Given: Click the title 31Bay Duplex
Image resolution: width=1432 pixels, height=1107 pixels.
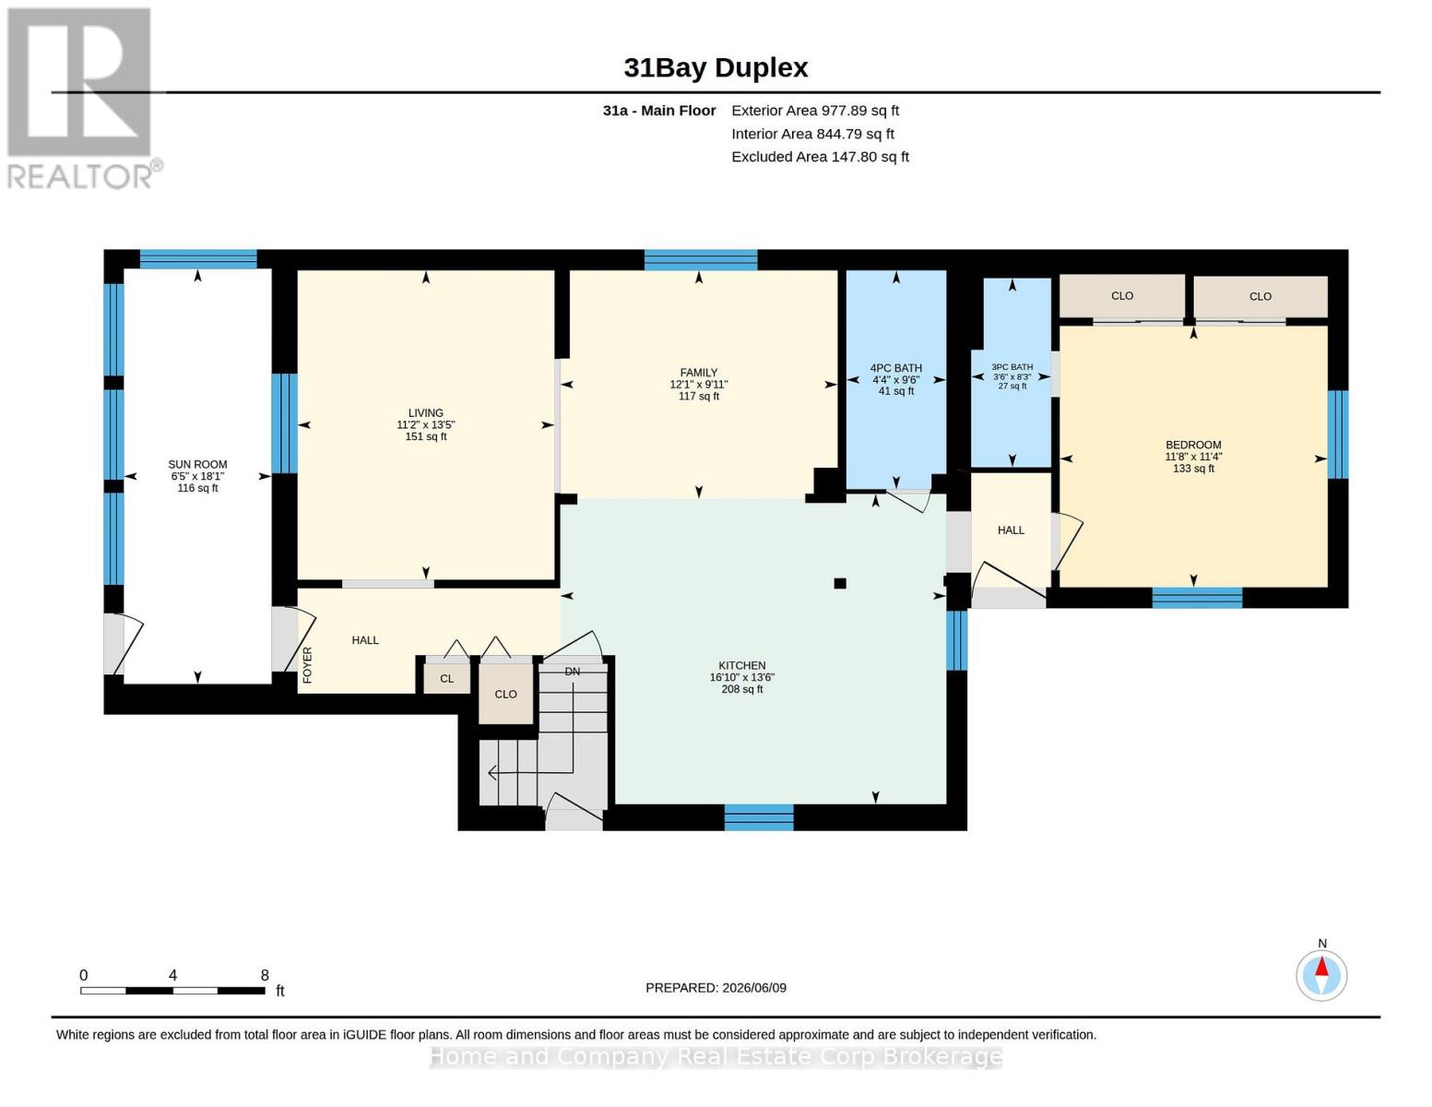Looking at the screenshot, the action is point(716,68).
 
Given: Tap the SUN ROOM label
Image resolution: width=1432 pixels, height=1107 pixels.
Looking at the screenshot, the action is point(197,464).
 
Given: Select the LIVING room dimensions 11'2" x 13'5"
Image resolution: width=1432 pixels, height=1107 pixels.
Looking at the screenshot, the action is point(426,425).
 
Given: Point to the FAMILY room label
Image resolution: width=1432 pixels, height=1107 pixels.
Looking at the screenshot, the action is point(699,373).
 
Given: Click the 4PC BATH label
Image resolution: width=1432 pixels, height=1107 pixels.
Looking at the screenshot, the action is point(895,368).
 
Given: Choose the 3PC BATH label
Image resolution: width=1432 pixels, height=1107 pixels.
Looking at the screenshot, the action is point(1012,366).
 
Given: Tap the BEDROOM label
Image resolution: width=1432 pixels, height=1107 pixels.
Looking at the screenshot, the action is point(1193,445).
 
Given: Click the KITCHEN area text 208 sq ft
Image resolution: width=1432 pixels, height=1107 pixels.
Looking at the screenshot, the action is point(742,690).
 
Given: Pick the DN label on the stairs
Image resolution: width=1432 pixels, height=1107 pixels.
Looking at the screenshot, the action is point(572,672).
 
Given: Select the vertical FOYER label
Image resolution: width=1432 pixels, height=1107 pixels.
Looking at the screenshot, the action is point(308,665).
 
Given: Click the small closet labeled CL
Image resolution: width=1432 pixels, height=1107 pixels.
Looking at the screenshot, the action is point(447,677).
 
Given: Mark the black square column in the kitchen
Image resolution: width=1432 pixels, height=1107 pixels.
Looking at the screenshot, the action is point(840,583).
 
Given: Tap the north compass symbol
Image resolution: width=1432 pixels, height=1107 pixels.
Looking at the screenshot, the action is point(1321,975).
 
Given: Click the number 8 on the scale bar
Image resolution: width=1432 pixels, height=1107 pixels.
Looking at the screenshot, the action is point(265,975).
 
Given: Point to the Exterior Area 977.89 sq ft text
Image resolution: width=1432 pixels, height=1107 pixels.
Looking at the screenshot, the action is point(815,111).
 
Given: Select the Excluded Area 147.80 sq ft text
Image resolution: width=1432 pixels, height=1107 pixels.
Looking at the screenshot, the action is point(820,157).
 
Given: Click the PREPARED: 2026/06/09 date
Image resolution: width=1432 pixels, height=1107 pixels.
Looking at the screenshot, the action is point(716,988).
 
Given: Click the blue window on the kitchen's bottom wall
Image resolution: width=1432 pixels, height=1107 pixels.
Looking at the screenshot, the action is point(759,817).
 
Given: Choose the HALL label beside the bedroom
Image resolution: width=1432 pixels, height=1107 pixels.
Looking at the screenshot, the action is point(1011,530).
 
